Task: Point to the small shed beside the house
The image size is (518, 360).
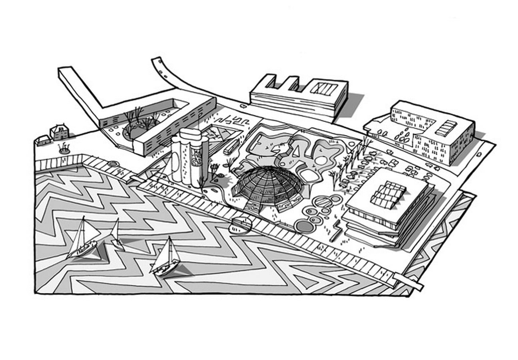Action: (x=43, y=140)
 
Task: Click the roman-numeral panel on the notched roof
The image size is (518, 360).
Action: (x=323, y=89)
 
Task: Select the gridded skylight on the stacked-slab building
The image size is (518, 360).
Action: (x=388, y=195)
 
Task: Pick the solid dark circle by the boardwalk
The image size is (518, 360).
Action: (x=305, y=226)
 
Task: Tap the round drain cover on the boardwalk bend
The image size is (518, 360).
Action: (x=114, y=164)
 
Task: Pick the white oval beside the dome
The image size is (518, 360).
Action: (x=310, y=176)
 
